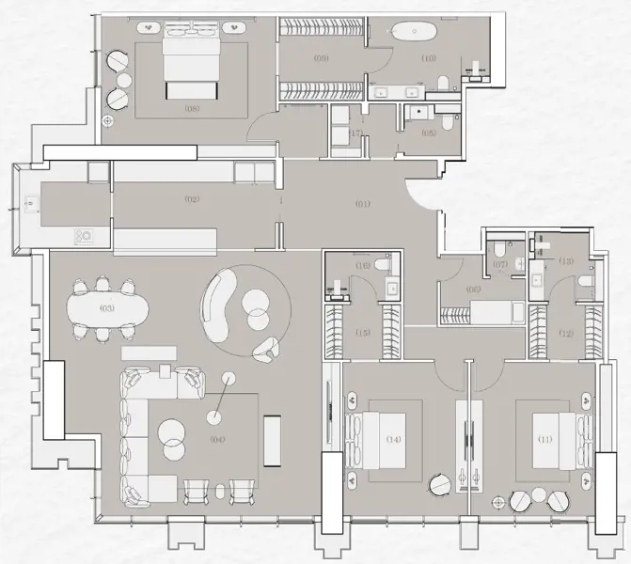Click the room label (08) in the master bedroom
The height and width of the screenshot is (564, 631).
194,108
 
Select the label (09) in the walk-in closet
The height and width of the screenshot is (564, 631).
321,58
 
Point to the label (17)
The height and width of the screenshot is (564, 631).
355,133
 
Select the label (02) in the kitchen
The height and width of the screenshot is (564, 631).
192,199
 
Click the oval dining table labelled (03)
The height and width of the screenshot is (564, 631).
107,308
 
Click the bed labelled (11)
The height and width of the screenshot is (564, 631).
545,439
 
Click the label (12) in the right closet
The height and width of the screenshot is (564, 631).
566,332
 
